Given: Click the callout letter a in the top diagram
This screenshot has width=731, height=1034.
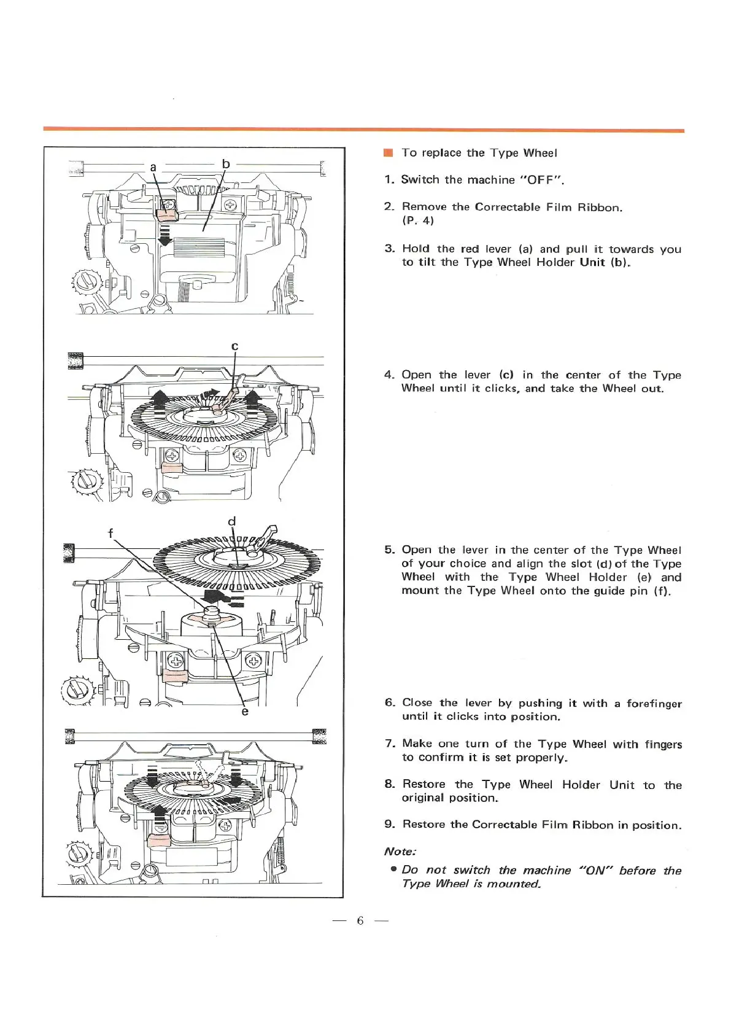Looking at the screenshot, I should click(x=153, y=167).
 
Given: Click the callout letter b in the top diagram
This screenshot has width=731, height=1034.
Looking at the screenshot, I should click(x=226, y=164).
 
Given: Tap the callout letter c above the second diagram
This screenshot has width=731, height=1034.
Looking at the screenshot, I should click(x=234, y=346).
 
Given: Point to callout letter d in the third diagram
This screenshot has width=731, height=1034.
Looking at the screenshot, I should click(x=232, y=521).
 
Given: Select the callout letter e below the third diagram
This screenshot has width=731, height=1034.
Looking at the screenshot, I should click(x=245, y=711).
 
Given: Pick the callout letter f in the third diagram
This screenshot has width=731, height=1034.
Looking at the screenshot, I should click(x=110, y=533).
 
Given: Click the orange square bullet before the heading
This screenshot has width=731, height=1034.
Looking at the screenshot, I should click(x=387, y=153).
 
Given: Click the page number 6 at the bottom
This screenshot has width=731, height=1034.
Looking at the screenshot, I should click(x=360, y=920).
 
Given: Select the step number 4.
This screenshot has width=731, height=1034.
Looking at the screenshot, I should click(x=389, y=375).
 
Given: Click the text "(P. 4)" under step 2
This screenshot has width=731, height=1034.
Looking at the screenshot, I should click(x=418, y=220).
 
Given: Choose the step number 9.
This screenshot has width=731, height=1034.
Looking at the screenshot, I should click(x=389, y=825).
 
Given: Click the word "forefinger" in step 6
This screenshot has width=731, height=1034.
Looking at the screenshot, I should click(x=654, y=704).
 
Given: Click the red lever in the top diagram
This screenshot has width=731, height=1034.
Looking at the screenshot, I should click(x=166, y=214).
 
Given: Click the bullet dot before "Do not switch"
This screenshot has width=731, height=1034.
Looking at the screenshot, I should click(x=393, y=870).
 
